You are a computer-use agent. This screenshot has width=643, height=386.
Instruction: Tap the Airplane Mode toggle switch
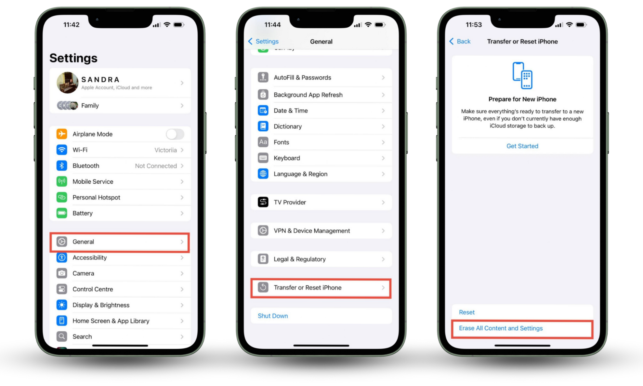coord(175,134)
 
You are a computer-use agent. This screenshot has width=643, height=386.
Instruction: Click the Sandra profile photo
coord(68,83)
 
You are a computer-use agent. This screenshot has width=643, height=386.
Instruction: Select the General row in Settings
coord(120,242)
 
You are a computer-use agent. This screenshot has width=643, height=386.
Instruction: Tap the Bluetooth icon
coord(62,166)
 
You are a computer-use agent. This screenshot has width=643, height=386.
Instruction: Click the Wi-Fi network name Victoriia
coord(165,150)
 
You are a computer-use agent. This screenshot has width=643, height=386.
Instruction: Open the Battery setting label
coord(83,213)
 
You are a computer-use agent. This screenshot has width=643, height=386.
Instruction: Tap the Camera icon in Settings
coord(62,273)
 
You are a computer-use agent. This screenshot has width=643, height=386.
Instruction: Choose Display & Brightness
coord(101,305)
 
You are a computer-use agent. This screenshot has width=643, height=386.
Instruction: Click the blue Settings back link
coord(264,41)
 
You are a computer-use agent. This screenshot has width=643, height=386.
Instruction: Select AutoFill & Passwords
coord(302,78)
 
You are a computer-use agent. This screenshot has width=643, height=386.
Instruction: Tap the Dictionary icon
coord(263,126)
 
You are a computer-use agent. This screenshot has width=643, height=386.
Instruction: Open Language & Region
coord(300,174)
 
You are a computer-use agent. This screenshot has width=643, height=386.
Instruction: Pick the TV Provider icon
coord(263,202)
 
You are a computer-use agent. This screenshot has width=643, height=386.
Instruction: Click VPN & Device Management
coord(312,231)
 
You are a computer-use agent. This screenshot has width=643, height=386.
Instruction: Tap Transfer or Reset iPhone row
coord(321,288)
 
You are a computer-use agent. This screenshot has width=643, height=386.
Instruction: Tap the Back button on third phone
coord(460,41)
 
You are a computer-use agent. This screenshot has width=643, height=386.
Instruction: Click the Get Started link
coord(522,146)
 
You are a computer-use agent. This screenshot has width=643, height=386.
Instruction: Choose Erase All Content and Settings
coord(501,328)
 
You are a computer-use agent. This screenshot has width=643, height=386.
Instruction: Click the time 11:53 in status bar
coord(474,25)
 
